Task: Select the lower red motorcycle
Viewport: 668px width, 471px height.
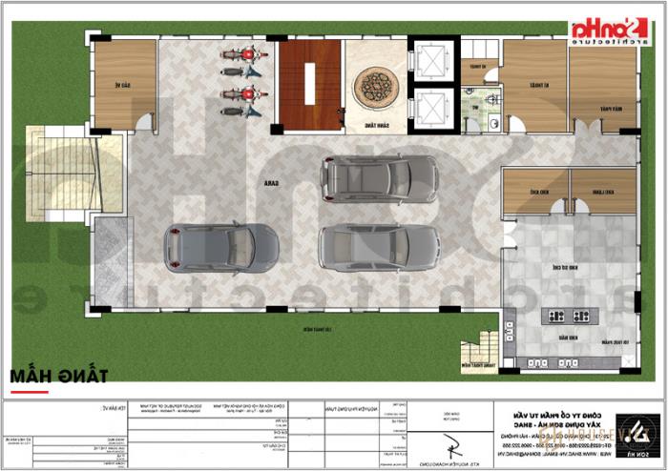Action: [x=240, y=95]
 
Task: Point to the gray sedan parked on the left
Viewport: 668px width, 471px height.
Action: [x=219, y=248]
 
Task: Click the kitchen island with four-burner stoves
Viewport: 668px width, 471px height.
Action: [x=567, y=316]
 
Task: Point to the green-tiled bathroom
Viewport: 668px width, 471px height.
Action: [x=480, y=110]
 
